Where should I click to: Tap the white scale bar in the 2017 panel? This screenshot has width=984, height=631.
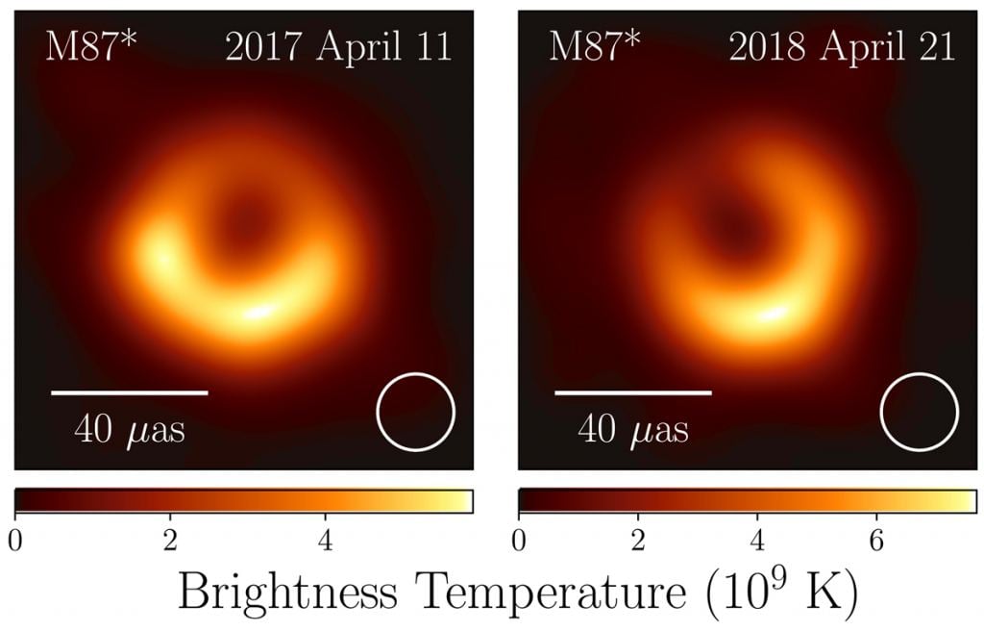pyautogui.click(x=130, y=392)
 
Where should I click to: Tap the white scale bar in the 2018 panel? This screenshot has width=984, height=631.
pyautogui.click(x=633, y=392)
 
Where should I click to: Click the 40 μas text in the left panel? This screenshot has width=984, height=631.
pyautogui.click(x=130, y=429)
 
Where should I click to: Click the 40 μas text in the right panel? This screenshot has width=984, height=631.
pyautogui.click(x=633, y=429)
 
